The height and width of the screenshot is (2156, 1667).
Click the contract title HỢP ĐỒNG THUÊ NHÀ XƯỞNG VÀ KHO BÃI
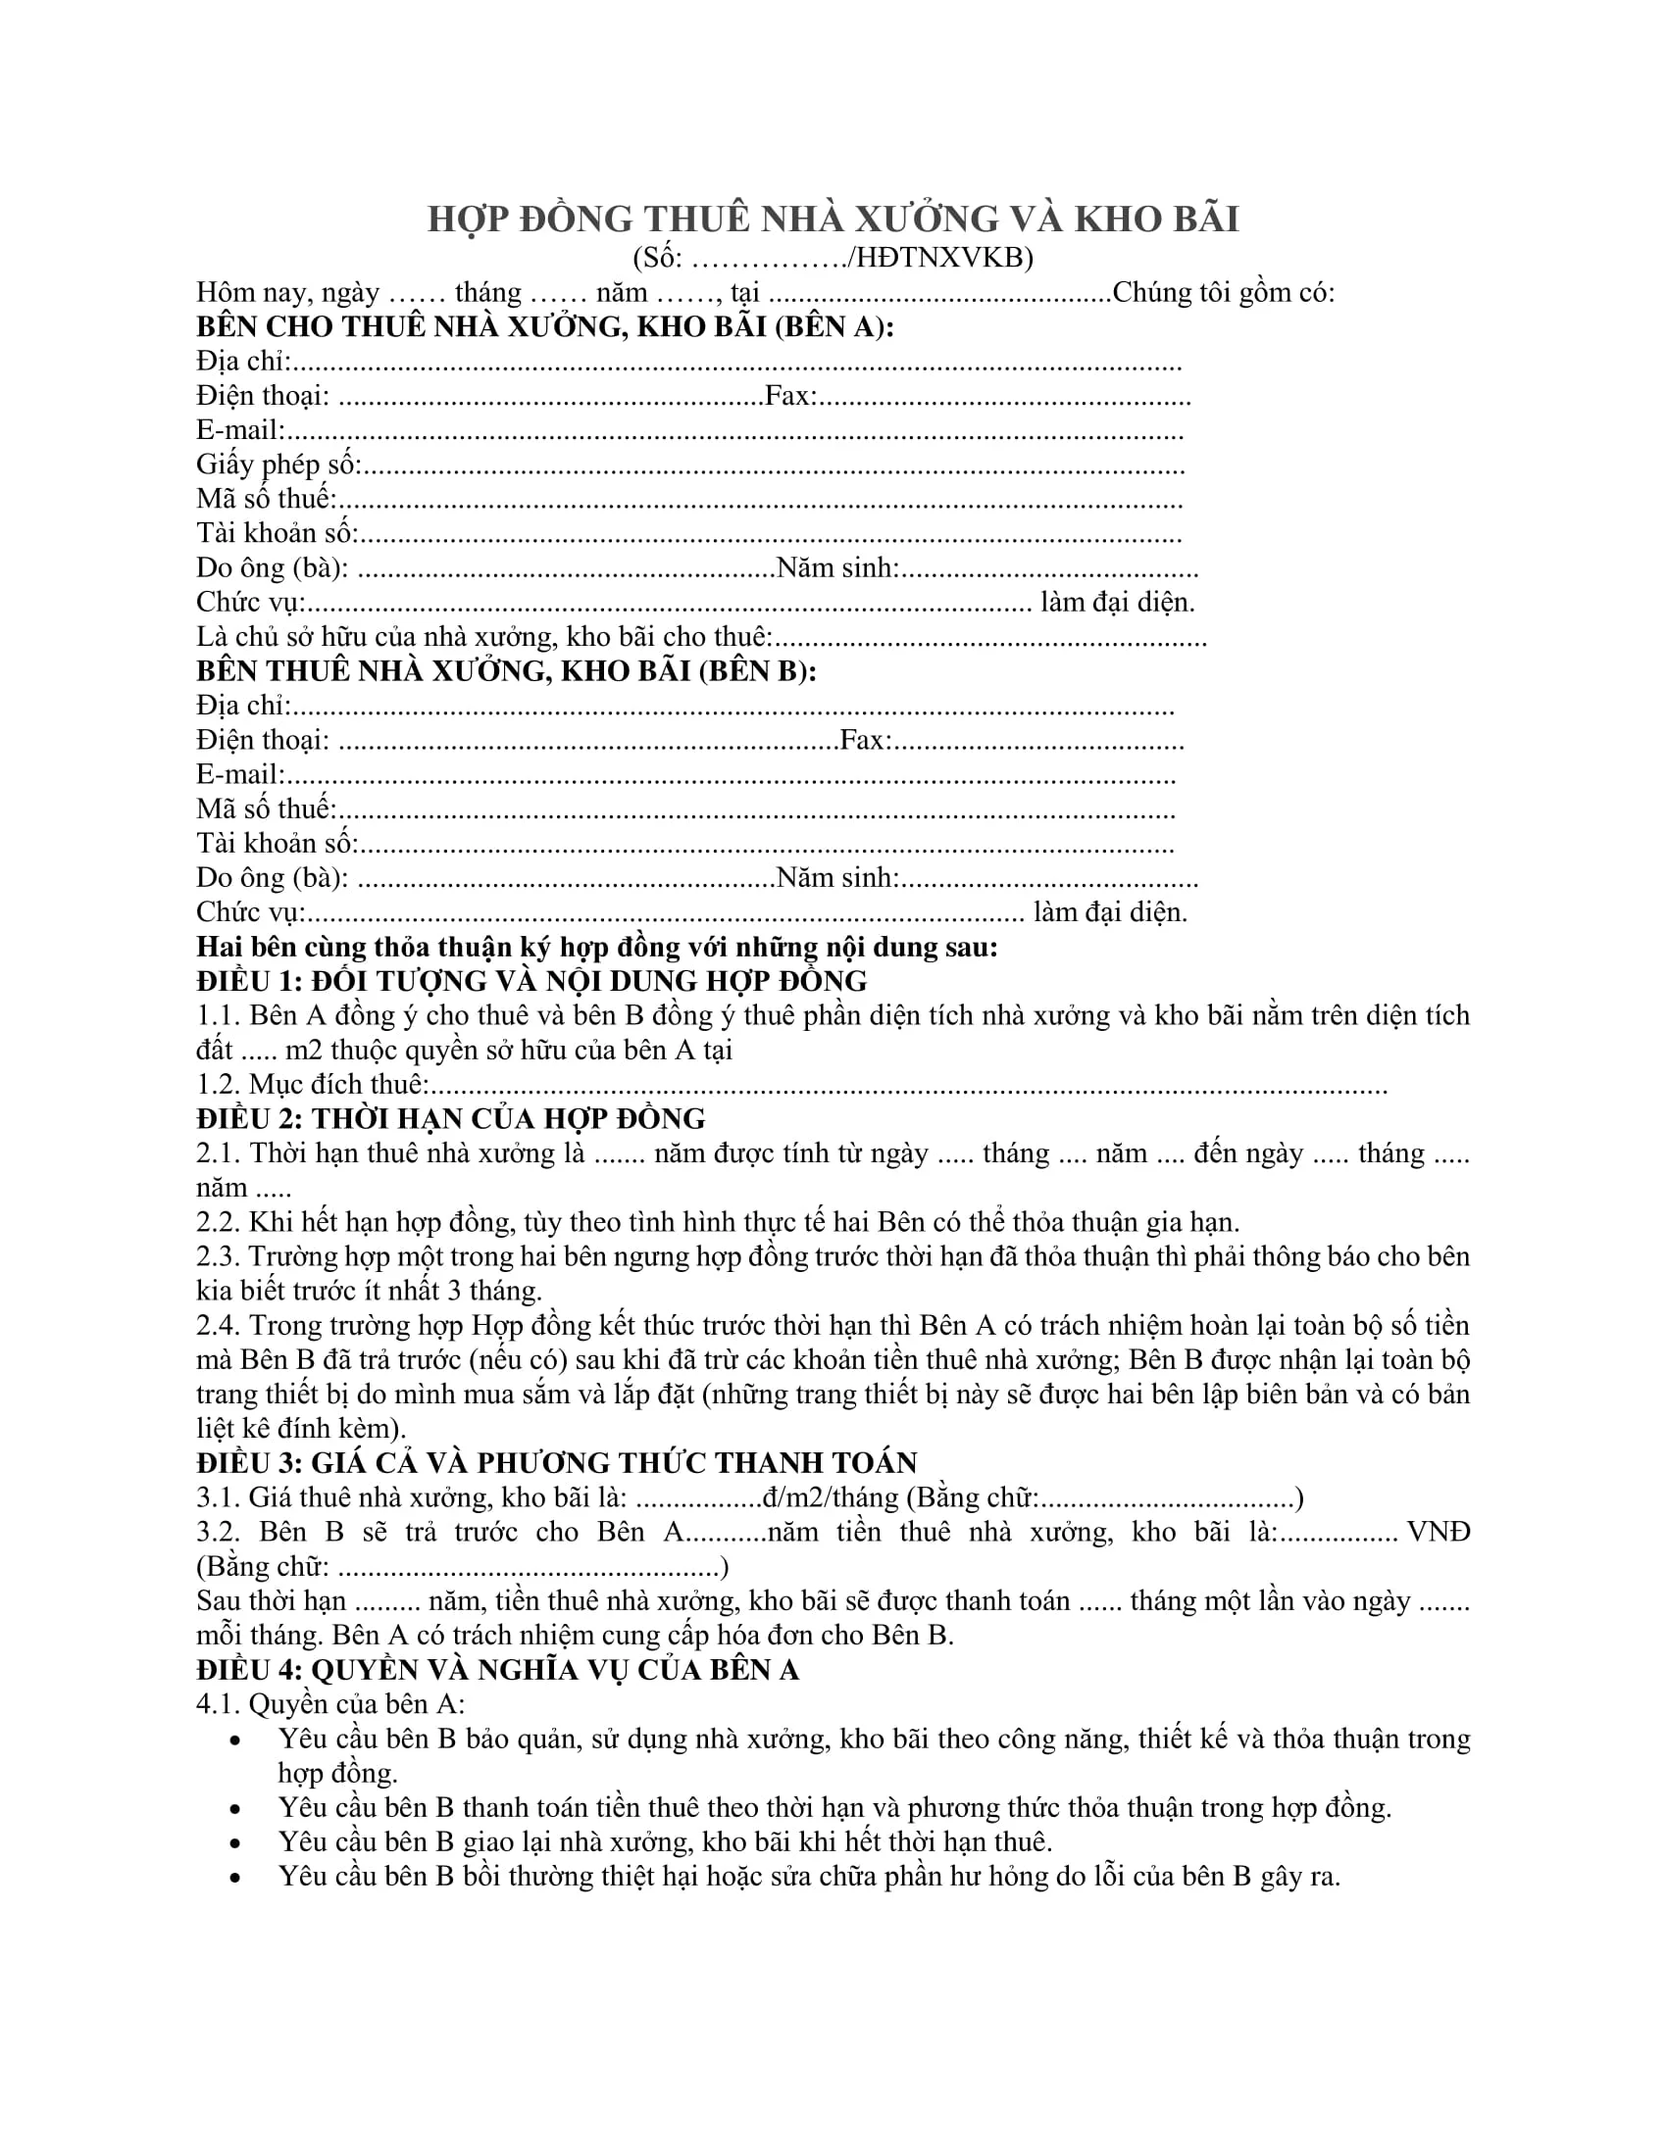(833, 219)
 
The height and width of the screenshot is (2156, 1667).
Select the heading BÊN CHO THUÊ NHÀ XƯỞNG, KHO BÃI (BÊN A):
(545, 326)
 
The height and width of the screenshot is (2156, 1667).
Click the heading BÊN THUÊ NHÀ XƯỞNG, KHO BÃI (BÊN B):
(507, 671)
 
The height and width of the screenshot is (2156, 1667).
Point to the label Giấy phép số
(278, 464)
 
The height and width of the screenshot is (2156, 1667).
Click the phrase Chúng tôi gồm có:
(1223, 292)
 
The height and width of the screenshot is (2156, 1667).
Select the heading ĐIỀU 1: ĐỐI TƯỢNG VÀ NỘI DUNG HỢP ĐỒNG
(531, 981)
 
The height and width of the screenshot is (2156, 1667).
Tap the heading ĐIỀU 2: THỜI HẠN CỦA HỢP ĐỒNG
(450, 1118)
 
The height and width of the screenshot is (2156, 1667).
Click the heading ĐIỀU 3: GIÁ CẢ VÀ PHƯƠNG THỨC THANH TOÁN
(557, 1463)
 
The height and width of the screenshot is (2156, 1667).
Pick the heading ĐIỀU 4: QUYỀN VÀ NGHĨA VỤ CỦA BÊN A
(497, 1669)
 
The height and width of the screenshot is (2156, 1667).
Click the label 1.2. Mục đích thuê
(312, 1085)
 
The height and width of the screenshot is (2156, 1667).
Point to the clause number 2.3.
(219, 1256)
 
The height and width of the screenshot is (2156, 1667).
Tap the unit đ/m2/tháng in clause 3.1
(830, 1497)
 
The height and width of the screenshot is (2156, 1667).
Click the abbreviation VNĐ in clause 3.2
(1438, 1532)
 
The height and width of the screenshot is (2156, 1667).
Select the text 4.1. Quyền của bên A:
(329, 1704)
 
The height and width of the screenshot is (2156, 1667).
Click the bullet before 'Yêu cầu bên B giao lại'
(235, 1843)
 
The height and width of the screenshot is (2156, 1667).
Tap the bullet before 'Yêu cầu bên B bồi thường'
(235, 1878)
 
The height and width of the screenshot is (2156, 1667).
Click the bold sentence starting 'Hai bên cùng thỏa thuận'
(596, 947)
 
